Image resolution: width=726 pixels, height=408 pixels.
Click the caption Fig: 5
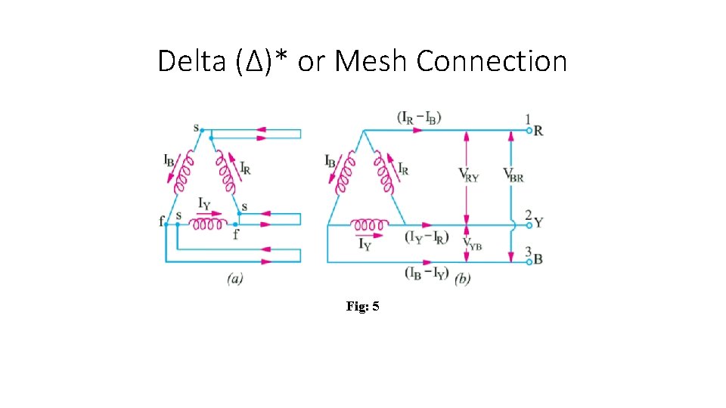[x=362, y=306]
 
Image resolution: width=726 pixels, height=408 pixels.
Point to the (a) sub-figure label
[x=234, y=279]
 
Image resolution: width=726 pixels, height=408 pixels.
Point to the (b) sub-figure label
[x=463, y=279]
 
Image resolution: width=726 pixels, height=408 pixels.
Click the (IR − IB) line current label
[x=418, y=118]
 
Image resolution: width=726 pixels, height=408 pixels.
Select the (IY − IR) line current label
[x=428, y=237]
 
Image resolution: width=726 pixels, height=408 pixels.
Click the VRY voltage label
[x=469, y=175]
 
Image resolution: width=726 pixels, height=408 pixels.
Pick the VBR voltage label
[x=513, y=175]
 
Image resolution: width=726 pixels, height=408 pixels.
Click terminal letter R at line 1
[x=538, y=131]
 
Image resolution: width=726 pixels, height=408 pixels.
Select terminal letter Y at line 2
[x=538, y=223]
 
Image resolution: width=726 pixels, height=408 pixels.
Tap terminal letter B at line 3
[x=538, y=259]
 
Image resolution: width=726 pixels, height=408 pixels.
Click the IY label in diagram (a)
[x=204, y=204]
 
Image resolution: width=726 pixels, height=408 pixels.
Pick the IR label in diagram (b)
[x=403, y=170]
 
